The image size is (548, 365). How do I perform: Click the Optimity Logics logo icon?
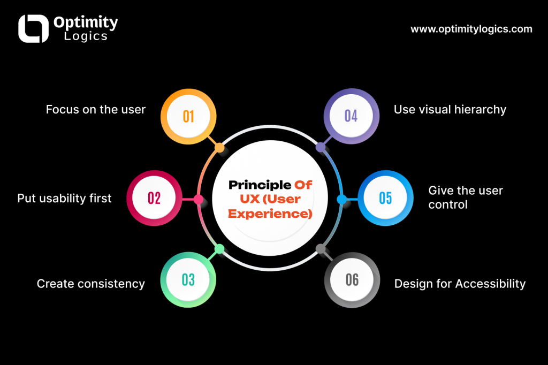[x=34, y=29]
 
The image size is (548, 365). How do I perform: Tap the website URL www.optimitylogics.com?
[x=471, y=29]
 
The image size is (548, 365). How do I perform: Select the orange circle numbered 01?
[x=188, y=117]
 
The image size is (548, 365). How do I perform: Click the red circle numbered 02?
[x=154, y=198]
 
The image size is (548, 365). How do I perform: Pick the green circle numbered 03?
[x=188, y=280]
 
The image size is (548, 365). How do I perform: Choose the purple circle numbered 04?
[x=351, y=116]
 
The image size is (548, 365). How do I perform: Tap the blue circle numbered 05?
[x=385, y=198]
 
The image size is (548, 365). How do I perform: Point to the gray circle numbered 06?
[x=352, y=280]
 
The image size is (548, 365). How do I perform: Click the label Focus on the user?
[x=95, y=109]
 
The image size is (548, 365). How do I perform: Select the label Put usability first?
[x=64, y=198]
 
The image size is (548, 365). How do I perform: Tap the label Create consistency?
[x=91, y=284]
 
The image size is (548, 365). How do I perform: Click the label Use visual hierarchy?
[x=450, y=110]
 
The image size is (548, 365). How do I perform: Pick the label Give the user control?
[x=466, y=197]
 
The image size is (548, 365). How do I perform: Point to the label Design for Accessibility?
[x=460, y=284]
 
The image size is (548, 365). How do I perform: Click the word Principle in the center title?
[x=260, y=185]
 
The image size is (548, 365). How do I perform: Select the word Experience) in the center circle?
[x=270, y=214]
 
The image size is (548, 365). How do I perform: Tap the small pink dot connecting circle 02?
[x=199, y=200]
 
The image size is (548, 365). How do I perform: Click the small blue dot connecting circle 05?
[x=342, y=200]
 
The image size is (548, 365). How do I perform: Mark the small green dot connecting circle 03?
[x=219, y=249]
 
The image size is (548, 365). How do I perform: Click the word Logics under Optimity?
[x=86, y=36]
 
